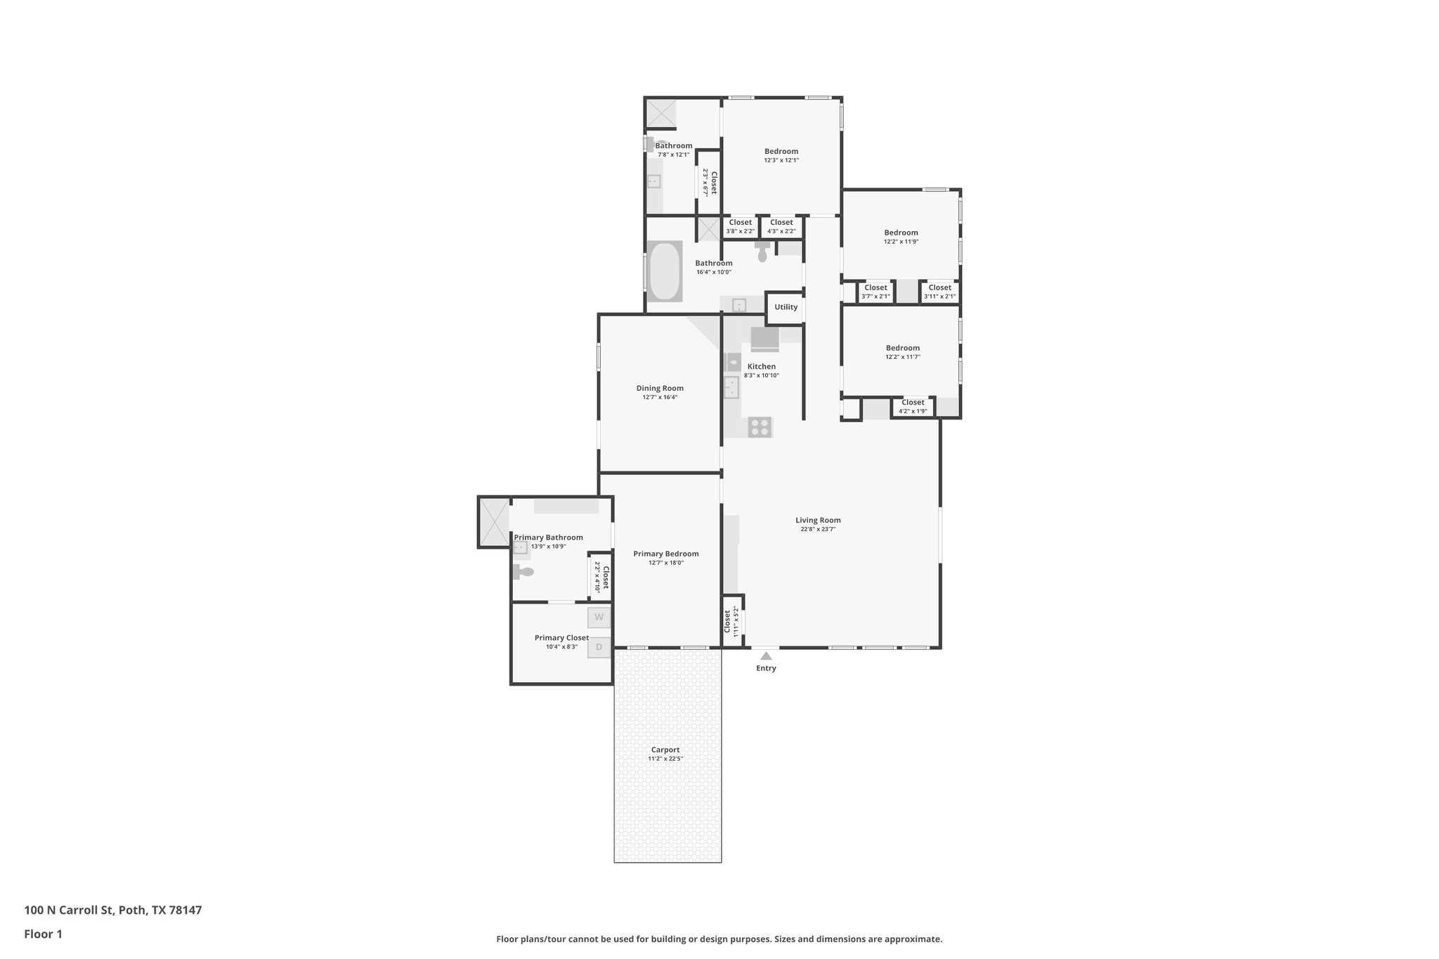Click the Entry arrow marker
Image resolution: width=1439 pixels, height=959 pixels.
pos(766,656)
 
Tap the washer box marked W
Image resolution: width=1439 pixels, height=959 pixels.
pos(599,618)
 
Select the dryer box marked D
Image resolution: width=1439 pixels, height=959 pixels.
pos(599,647)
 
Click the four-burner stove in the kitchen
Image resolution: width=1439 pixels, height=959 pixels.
pos(760,426)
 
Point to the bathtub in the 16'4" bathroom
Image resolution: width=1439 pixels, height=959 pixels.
pos(664,272)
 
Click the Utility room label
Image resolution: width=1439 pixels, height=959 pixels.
pos(786,307)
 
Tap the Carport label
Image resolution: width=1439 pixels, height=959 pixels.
pos(665,750)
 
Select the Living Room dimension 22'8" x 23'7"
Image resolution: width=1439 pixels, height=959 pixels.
pos(818,529)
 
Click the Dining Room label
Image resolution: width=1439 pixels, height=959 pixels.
pos(660,388)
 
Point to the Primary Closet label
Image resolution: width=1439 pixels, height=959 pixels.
pos(561,638)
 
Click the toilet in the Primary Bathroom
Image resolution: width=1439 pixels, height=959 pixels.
pos(523,572)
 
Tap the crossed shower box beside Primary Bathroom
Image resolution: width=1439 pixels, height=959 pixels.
pos(494,521)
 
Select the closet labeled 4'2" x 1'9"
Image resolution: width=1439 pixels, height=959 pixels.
pos(913,407)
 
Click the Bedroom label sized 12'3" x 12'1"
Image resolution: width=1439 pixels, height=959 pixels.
pos(781,151)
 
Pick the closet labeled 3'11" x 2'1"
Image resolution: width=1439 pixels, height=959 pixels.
pos(939,292)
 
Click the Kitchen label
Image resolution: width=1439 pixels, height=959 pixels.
pos(762,366)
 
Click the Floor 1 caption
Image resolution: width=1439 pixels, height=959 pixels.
pos(43,934)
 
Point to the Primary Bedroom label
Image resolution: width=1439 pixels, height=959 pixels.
pos(665,554)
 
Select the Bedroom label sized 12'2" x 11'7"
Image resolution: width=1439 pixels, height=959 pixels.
pos(902,348)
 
